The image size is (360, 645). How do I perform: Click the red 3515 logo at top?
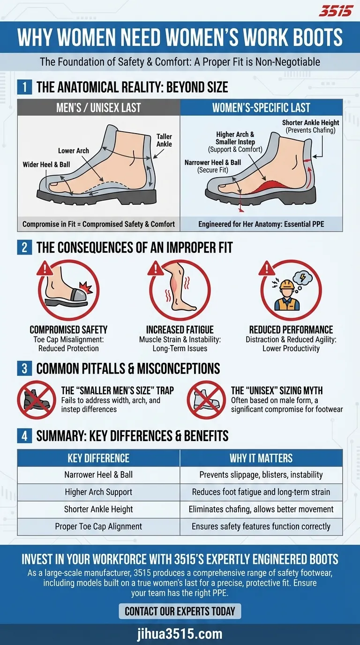click(336, 11)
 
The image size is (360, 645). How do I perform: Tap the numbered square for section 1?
click(24, 87)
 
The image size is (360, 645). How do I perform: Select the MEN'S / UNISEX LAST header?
click(98, 108)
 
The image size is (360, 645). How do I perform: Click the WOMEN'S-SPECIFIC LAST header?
click(261, 108)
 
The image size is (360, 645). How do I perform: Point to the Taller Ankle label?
click(164, 140)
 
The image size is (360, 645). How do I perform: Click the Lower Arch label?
click(74, 150)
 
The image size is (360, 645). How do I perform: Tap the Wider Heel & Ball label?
click(46, 165)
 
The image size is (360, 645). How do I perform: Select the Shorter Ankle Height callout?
click(310, 126)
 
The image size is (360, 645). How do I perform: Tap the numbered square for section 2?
click(24, 247)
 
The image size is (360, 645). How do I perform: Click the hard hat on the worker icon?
click(287, 285)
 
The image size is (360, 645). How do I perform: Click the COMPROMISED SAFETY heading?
click(68, 330)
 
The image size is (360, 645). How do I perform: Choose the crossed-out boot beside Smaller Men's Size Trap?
click(37, 400)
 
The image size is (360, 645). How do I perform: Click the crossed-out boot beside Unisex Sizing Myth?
click(206, 400)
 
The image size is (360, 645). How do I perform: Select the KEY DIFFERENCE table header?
click(98, 458)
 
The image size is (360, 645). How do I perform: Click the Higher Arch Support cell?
click(98, 492)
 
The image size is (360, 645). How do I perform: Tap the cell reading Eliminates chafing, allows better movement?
click(261, 510)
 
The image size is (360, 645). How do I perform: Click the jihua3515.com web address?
click(180, 634)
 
